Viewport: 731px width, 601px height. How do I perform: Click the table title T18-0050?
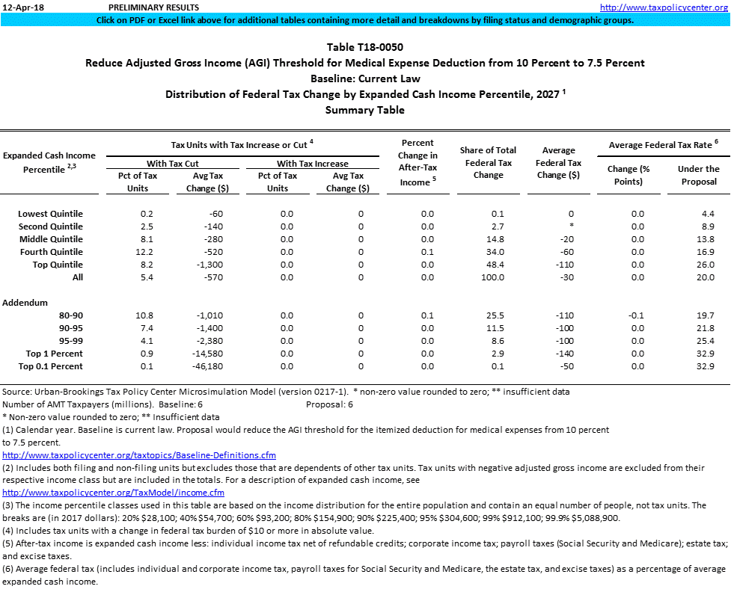tap(364, 47)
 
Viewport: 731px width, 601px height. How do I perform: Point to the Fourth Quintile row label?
tap(51, 252)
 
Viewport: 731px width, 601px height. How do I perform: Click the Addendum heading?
tap(25, 303)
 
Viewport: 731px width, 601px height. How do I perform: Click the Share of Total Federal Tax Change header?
tap(489, 162)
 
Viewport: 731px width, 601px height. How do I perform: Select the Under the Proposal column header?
tap(698, 175)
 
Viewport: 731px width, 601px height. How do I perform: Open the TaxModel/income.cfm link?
tap(113, 493)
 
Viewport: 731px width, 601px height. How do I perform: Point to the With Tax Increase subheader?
tap(312, 163)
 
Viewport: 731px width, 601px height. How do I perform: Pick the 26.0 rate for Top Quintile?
tap(703, 265)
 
